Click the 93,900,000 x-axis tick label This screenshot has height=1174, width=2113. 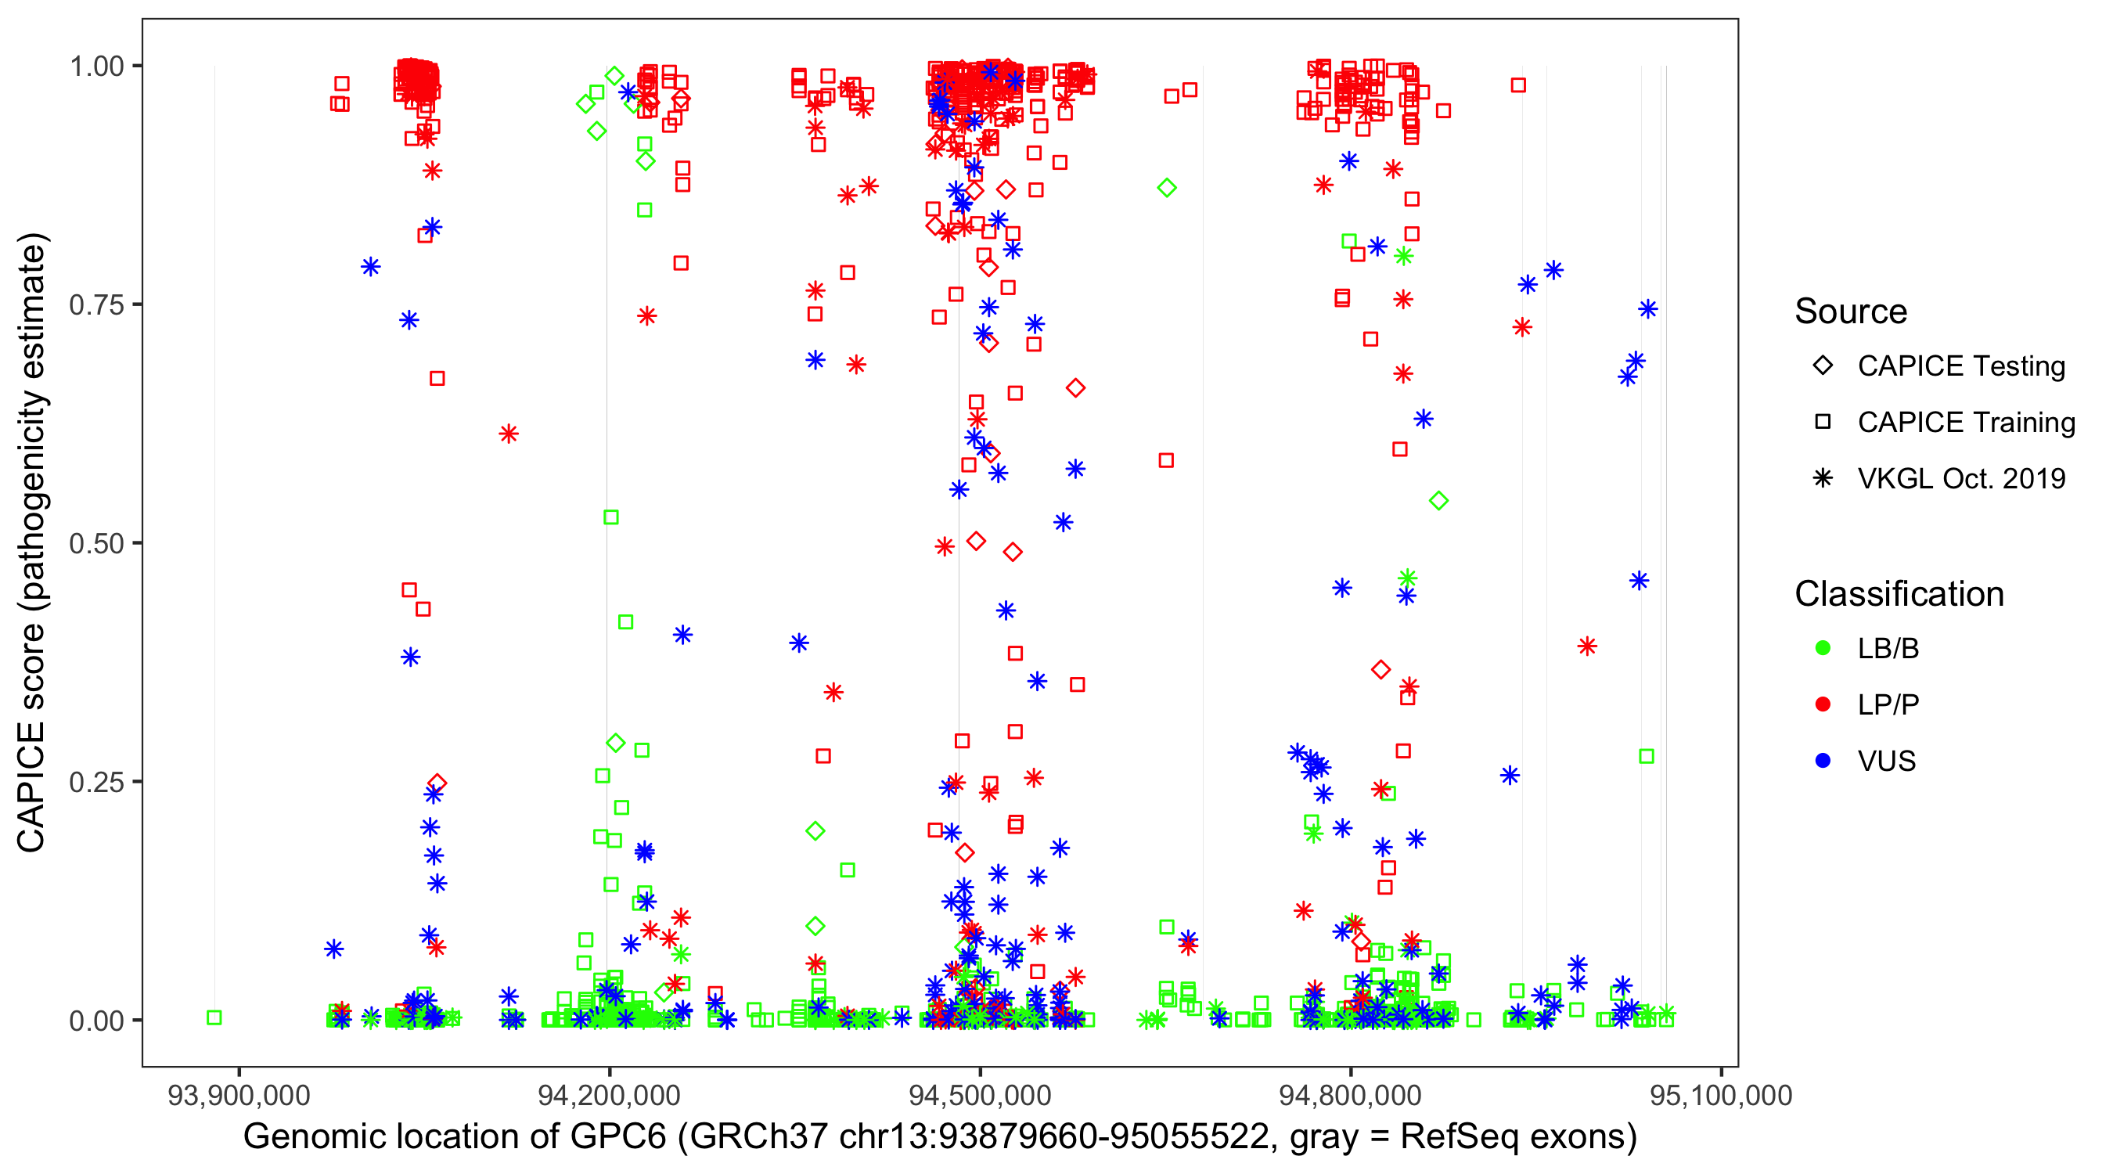239,1095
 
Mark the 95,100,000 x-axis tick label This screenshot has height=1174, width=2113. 1720,1095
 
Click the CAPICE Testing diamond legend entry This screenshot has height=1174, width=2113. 1823,366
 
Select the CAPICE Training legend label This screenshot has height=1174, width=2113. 1965,423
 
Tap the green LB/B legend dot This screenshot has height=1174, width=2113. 1823,648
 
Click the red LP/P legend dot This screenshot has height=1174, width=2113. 1823,704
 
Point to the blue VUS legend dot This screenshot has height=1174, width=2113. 1823,762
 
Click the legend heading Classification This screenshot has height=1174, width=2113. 1898,594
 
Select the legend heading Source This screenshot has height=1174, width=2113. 1850,312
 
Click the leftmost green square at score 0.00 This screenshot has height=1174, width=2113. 214,1017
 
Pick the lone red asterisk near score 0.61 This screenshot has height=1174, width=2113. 509,434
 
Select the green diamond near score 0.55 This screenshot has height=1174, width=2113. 1438,500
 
